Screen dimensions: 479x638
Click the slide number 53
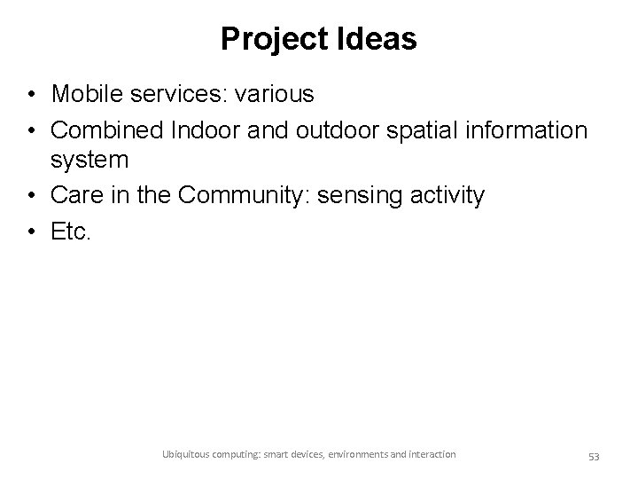coord(594,457)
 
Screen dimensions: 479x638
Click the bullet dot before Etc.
coord(30,231)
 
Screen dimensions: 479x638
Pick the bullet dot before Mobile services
coord(30,94)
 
